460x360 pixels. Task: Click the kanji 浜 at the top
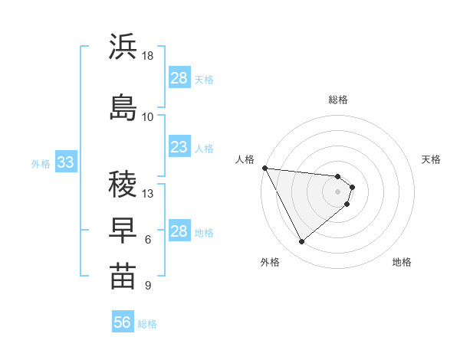pyautogui.click(x=123, y=47)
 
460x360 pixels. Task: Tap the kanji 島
pyautogui.click(x=123, y=107)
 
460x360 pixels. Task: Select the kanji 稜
pyautogui.click(x=123, y=183)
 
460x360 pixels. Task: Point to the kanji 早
pyautogui.click(x=123, y=229)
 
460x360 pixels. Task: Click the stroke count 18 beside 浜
pyautogui.click(x=148, y=56)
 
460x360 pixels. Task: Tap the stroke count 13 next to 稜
pyautogui.click(x=148, y=193)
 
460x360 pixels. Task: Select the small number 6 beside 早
pyautogui.click(x=148, y=240)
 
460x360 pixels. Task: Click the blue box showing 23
pyautogui.click(x=179, y=146)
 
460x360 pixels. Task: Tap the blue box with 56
pyautogui.click(x=123, y=323)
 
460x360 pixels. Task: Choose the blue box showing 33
pyautogui.click(x=65, y=162)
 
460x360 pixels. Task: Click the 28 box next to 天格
pyautogui.click(x=179, y=77)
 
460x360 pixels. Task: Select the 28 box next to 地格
pyautogui.click(x=179, y=231)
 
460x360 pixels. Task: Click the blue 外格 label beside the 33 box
pyautogui.click(x=41, y=163)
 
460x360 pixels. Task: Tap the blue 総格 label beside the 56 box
pyautogui.click(x=147, y=324)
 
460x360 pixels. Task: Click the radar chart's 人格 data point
pyautogui.click(x=264, y=168)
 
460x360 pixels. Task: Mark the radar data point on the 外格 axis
pyautogui.click(x=301, y=242)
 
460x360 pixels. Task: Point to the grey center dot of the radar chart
pyautogui.click(x=338, y=191)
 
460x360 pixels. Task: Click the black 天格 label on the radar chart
pyautogui.click(x=432, y=159)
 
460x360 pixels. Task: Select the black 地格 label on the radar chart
pyautogui.click(x=402, y=262)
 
